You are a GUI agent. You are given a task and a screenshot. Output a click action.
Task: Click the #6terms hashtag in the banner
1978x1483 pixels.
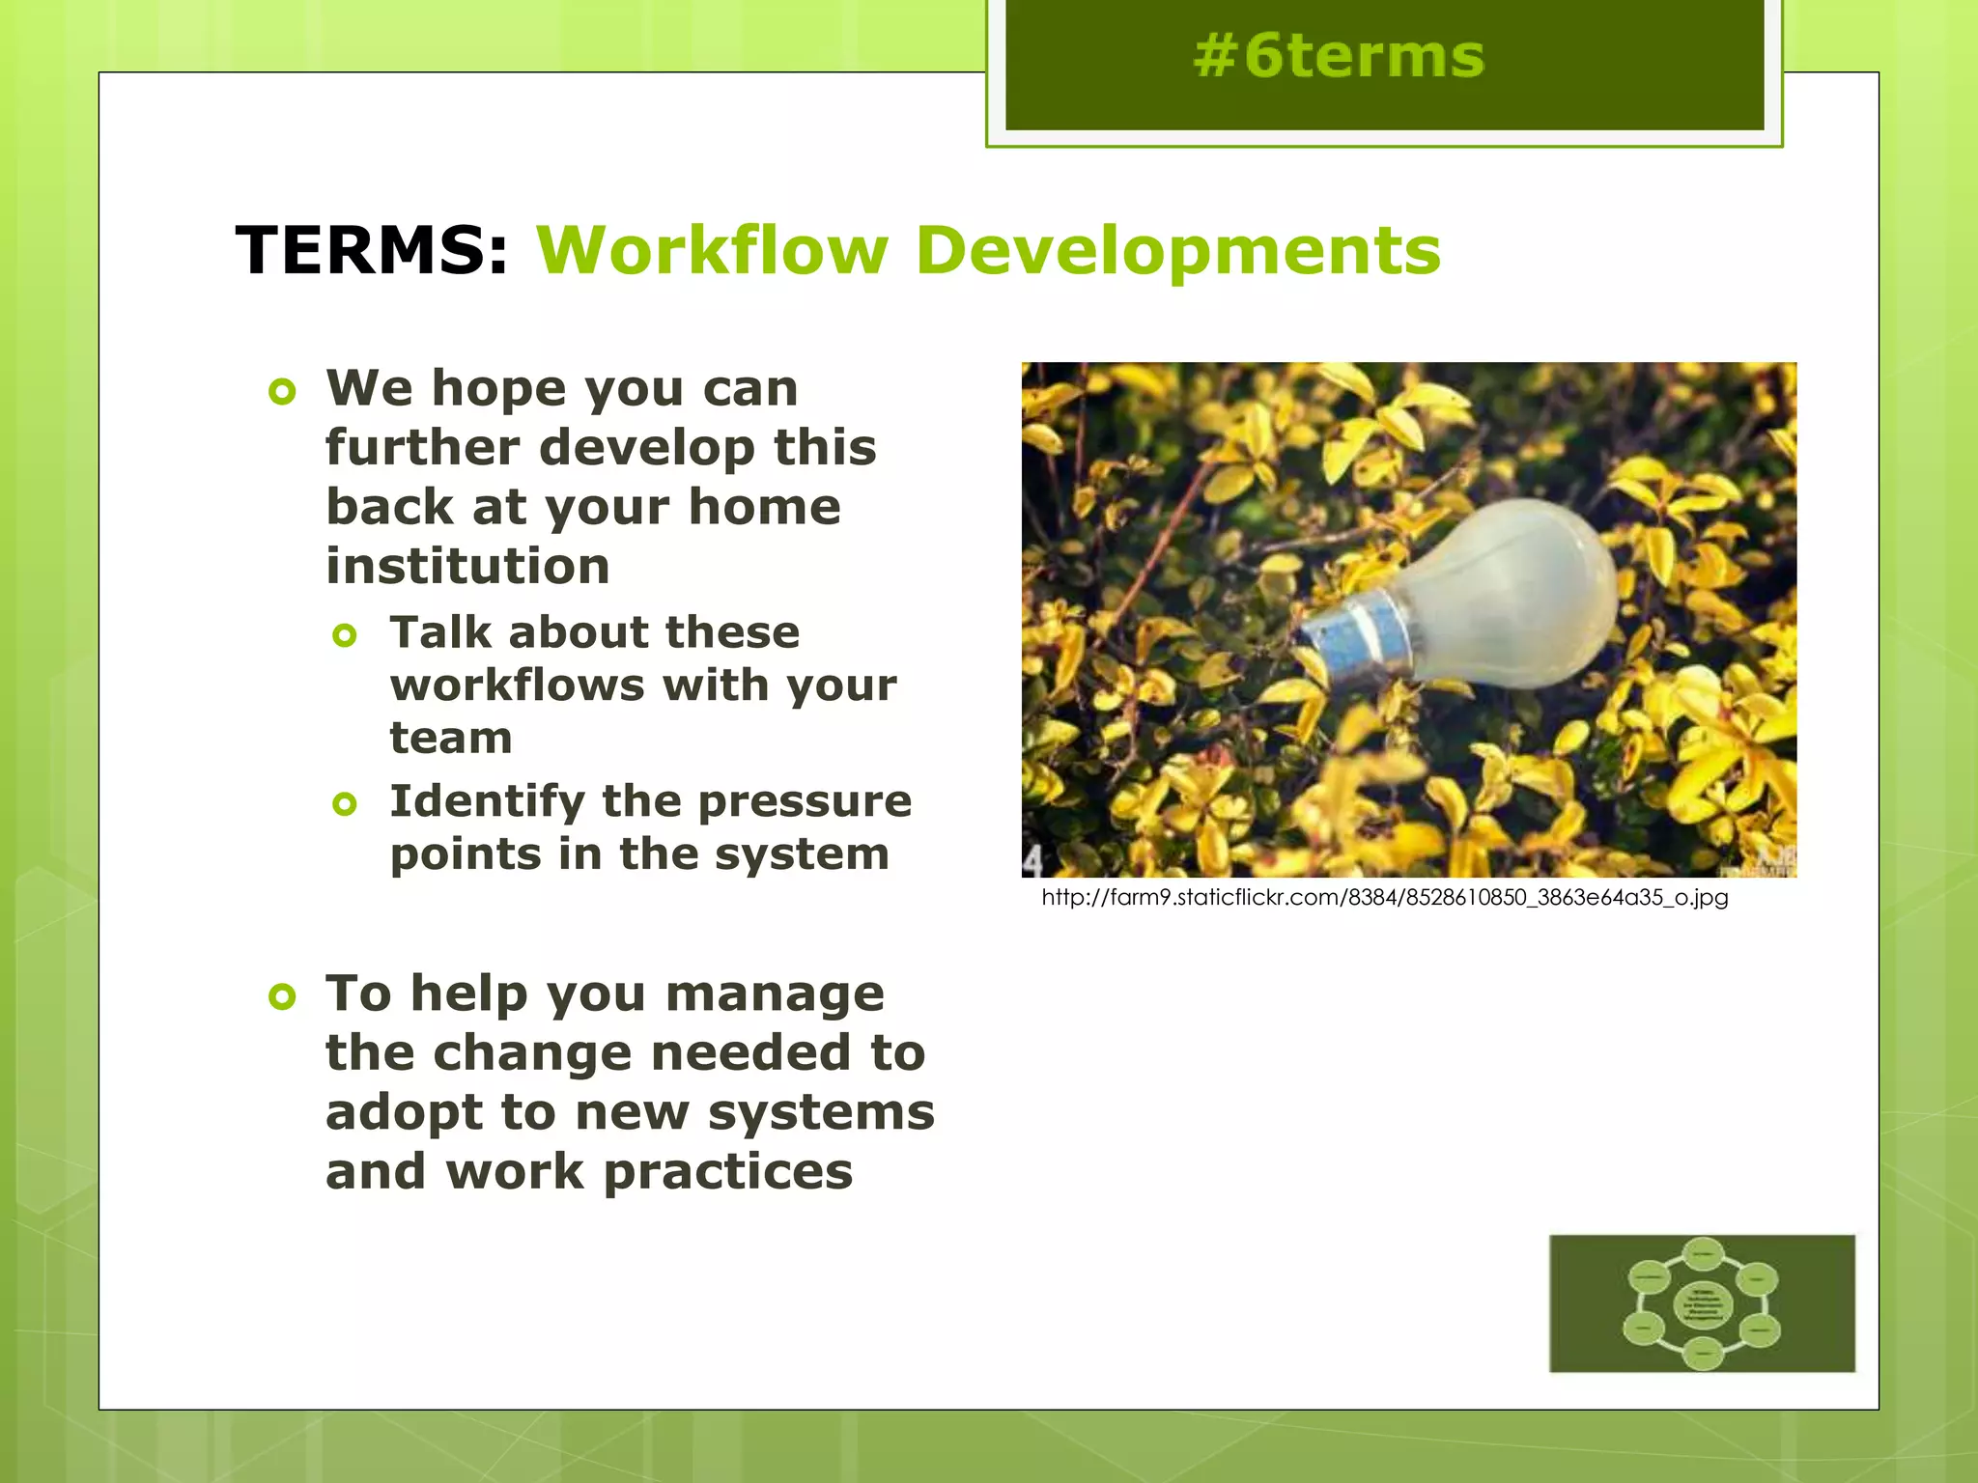click(1338, 56)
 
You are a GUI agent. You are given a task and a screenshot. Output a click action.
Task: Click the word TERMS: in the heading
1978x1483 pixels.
click(372, 251)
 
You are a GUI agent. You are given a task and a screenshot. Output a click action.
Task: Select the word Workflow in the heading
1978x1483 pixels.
click(711, 251)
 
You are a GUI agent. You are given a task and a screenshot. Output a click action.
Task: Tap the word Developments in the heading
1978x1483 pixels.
click(1177, 251)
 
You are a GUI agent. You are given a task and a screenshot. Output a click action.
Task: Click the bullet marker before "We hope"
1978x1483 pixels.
click(282, 392)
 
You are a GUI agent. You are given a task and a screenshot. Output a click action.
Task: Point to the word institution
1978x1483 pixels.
click(467, 566)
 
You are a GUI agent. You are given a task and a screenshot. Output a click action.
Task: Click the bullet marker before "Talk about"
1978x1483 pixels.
click(345, 635)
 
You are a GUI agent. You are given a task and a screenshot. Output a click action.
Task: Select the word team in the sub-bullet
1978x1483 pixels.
click(451, 739)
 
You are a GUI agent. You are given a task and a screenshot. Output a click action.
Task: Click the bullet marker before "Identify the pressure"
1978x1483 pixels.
click(345, 803)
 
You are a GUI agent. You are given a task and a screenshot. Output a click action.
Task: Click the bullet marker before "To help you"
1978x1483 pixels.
click(282, 996)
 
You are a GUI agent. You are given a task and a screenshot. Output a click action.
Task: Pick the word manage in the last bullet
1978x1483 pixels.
click(775, 994)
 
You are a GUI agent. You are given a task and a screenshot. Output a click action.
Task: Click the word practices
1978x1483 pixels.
click(728, 1172)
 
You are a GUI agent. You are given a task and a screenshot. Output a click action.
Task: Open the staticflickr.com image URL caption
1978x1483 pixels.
click(1384, 898)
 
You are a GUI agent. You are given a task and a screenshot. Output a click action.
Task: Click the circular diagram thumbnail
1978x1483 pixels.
click(1702, 1303)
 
